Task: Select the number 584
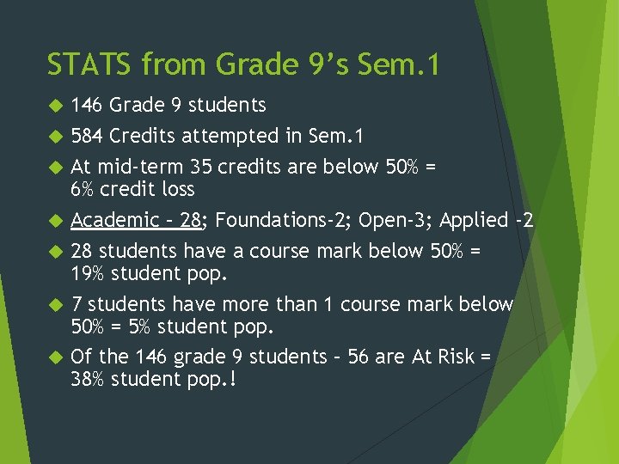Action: click(88, 136)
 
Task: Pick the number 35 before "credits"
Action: click(204, 167)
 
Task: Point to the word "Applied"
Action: click(474, 220)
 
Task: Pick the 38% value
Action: click(88, 379)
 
